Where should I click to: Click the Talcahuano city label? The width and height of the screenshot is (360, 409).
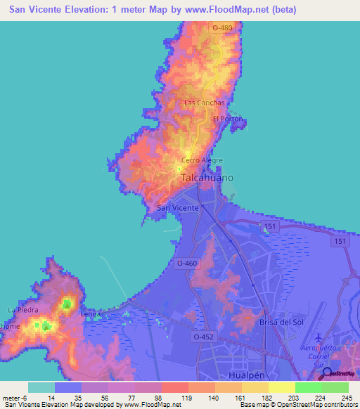(x=208, y=178)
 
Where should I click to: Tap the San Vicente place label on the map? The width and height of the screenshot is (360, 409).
(x=177, y=208)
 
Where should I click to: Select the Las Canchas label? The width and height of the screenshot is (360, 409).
(x=205, y=103)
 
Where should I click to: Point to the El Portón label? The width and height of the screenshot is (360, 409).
(x=227, y=119)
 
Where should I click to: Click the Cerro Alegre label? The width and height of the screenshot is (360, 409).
(x=202, y=160)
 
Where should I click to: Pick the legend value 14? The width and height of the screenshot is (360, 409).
(x=52, y=398)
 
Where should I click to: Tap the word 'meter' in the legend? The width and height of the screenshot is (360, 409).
(x=12, y=398)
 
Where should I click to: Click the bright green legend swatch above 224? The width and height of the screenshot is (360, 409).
(x=308, y=387)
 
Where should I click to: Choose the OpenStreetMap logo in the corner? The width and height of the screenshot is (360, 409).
(x=327, y=373)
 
